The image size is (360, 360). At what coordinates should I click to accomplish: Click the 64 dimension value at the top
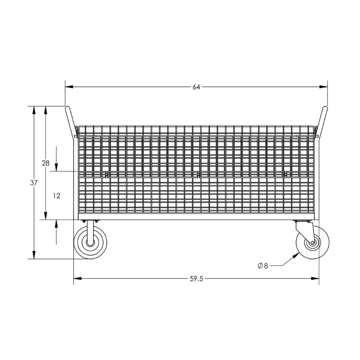(x=196, y=87)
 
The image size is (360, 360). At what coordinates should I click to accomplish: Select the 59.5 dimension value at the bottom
(x=197, y=279)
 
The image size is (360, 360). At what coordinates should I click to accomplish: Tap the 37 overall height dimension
(x=34, y=183)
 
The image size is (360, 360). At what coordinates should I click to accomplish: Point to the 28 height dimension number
(x=46, y=163)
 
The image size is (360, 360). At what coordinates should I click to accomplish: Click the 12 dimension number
(x=57, y=196)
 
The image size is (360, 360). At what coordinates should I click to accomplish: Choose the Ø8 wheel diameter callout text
(x=263, y=266)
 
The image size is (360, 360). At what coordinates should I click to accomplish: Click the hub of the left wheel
(x=90, y=243)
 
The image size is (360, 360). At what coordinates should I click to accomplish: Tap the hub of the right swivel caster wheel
(x=312, y=243)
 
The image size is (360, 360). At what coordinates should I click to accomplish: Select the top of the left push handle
(x=67, y=108)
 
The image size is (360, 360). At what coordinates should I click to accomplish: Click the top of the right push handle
(x=325, y=108)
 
